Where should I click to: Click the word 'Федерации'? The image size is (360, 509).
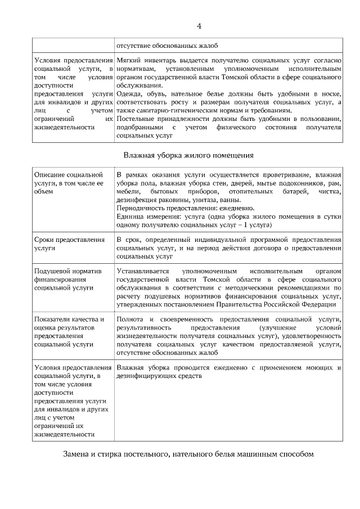(318, 304)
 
